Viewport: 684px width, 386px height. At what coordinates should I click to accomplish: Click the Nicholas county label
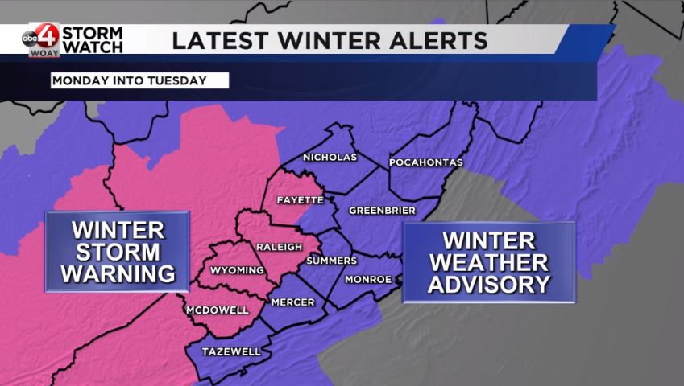(x=330, y=158)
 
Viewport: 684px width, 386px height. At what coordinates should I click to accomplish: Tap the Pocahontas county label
(x=425, y=162)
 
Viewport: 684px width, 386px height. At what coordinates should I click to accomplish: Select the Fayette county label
(x=300, y=199)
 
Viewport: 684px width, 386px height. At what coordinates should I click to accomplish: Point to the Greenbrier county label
(x=382, y=211)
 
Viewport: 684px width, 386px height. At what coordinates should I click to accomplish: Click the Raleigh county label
(x=279, y=246)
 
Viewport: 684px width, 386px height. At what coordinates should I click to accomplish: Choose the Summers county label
(x=331, y=261)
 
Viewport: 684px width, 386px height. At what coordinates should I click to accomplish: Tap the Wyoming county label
(x=237, y=270)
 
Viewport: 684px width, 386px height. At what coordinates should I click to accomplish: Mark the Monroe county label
(x=368, y=280)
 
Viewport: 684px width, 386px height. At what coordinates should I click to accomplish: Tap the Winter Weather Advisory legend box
(x=488, y=262)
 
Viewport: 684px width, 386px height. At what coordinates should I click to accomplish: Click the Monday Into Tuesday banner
(x=139, y=80)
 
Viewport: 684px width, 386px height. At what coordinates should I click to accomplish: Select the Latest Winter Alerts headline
(x=330, y=40)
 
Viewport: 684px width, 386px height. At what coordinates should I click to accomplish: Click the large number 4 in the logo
(x=48, y=36)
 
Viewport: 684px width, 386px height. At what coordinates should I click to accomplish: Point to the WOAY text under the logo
(x=44, y=53)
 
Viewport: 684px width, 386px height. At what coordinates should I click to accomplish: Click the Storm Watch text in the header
(x=93, y=40)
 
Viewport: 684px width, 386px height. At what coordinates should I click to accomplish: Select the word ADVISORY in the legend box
(x=488, y=284)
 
